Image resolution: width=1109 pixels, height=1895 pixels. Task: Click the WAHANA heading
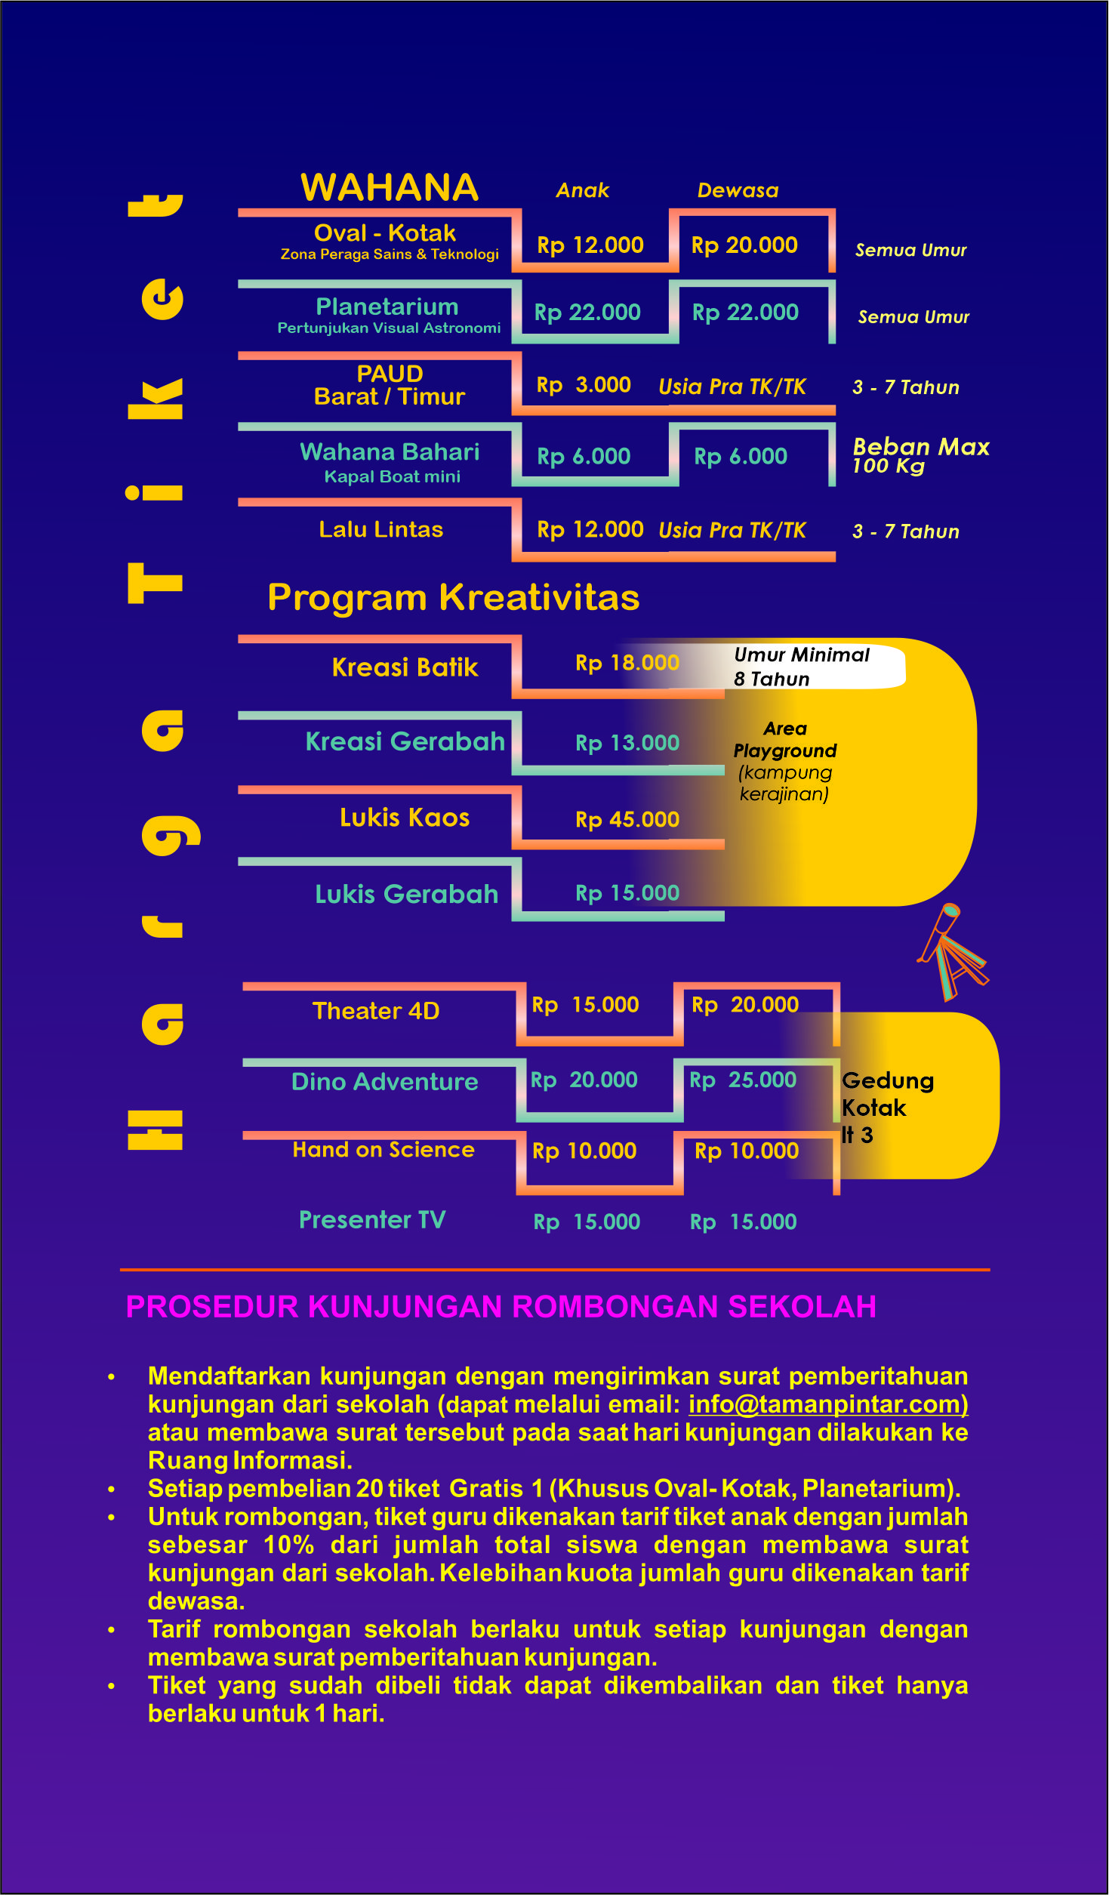390,187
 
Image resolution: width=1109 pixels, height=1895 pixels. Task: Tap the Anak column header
583,190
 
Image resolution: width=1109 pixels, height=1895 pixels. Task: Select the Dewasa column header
738,190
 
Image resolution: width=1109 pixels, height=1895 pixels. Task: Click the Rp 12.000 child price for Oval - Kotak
590,245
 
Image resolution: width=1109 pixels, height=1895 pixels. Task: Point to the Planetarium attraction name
387,307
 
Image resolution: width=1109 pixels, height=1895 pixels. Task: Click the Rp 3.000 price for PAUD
584,385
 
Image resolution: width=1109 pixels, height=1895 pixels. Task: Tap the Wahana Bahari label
390,451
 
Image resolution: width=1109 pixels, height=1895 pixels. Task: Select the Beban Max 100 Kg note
921,456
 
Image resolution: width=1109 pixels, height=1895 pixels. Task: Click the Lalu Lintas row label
380,529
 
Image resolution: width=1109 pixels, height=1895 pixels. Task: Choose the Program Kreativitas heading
454,597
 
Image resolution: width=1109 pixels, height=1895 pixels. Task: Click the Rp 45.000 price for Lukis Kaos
627,819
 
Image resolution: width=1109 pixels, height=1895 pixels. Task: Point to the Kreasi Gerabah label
405,741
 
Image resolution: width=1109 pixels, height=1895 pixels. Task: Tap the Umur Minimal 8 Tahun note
802,667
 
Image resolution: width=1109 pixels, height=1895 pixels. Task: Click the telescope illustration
951,951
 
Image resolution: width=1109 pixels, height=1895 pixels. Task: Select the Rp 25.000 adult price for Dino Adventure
743,1080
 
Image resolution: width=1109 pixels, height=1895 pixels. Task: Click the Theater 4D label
376,1011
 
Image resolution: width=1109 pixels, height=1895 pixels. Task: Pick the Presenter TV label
372,1220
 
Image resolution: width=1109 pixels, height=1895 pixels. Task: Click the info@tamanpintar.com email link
828,1404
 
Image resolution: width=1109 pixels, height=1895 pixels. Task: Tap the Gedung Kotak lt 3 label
888,1108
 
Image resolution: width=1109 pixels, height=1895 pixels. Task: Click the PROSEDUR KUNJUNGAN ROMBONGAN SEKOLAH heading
501,1307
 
